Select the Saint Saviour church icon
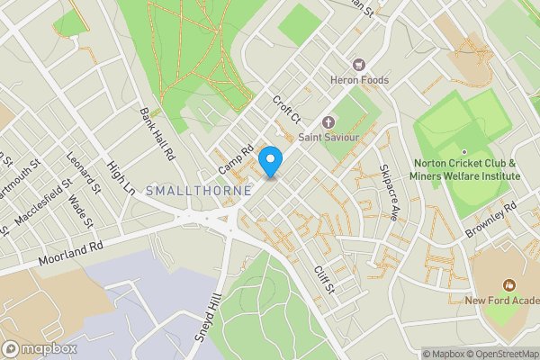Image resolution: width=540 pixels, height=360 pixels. pos(328,121)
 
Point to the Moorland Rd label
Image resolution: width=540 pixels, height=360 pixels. pos(71,255)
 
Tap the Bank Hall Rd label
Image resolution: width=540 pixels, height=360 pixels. pos(156,134)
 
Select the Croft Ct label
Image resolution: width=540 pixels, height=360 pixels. pos(285,112)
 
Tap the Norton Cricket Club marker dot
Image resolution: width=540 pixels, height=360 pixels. pos(464,151)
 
